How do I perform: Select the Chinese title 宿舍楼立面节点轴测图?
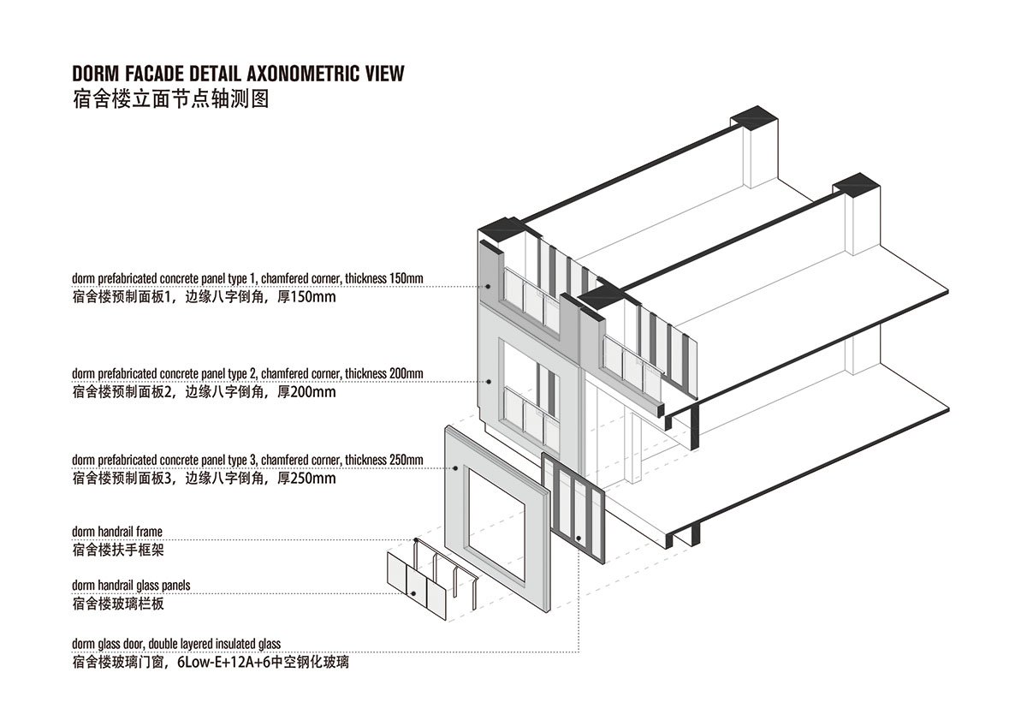click(170, 99)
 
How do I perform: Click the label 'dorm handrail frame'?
click(117, 532)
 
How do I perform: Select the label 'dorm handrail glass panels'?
click(131, 586)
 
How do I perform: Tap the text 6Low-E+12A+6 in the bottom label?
click(223, 663)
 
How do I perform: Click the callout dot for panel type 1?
click(489, 287)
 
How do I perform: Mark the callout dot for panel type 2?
click(489, 382)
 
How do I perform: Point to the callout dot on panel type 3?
click(455, 468)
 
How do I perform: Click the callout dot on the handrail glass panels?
click(413, 593)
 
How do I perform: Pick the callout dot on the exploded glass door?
click(579, 539)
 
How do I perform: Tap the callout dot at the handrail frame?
click(416, 540)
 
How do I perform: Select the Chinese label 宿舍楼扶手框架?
click(118, 550)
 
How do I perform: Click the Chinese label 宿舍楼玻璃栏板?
click(118, 604)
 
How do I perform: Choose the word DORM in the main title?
click(95, 74)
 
